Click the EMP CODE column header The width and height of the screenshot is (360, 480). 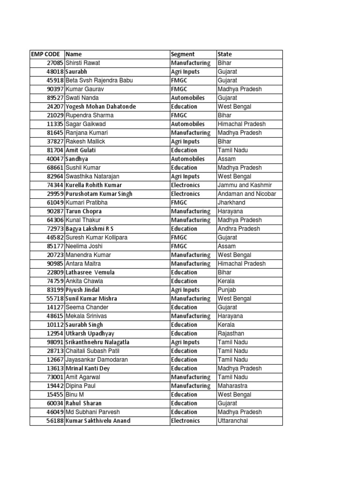46,54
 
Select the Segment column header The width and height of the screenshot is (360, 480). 182,54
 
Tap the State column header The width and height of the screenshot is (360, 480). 225,54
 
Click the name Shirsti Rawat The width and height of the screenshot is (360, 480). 83,63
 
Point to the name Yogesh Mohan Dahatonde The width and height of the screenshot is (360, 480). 101,106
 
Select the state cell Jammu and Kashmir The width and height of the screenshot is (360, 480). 245,185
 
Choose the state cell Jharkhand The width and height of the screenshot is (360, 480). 232,202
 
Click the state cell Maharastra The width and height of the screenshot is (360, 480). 233,386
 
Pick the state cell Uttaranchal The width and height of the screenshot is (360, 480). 233,421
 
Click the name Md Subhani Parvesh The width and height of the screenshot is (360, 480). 93,412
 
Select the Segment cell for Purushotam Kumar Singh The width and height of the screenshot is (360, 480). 186,194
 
